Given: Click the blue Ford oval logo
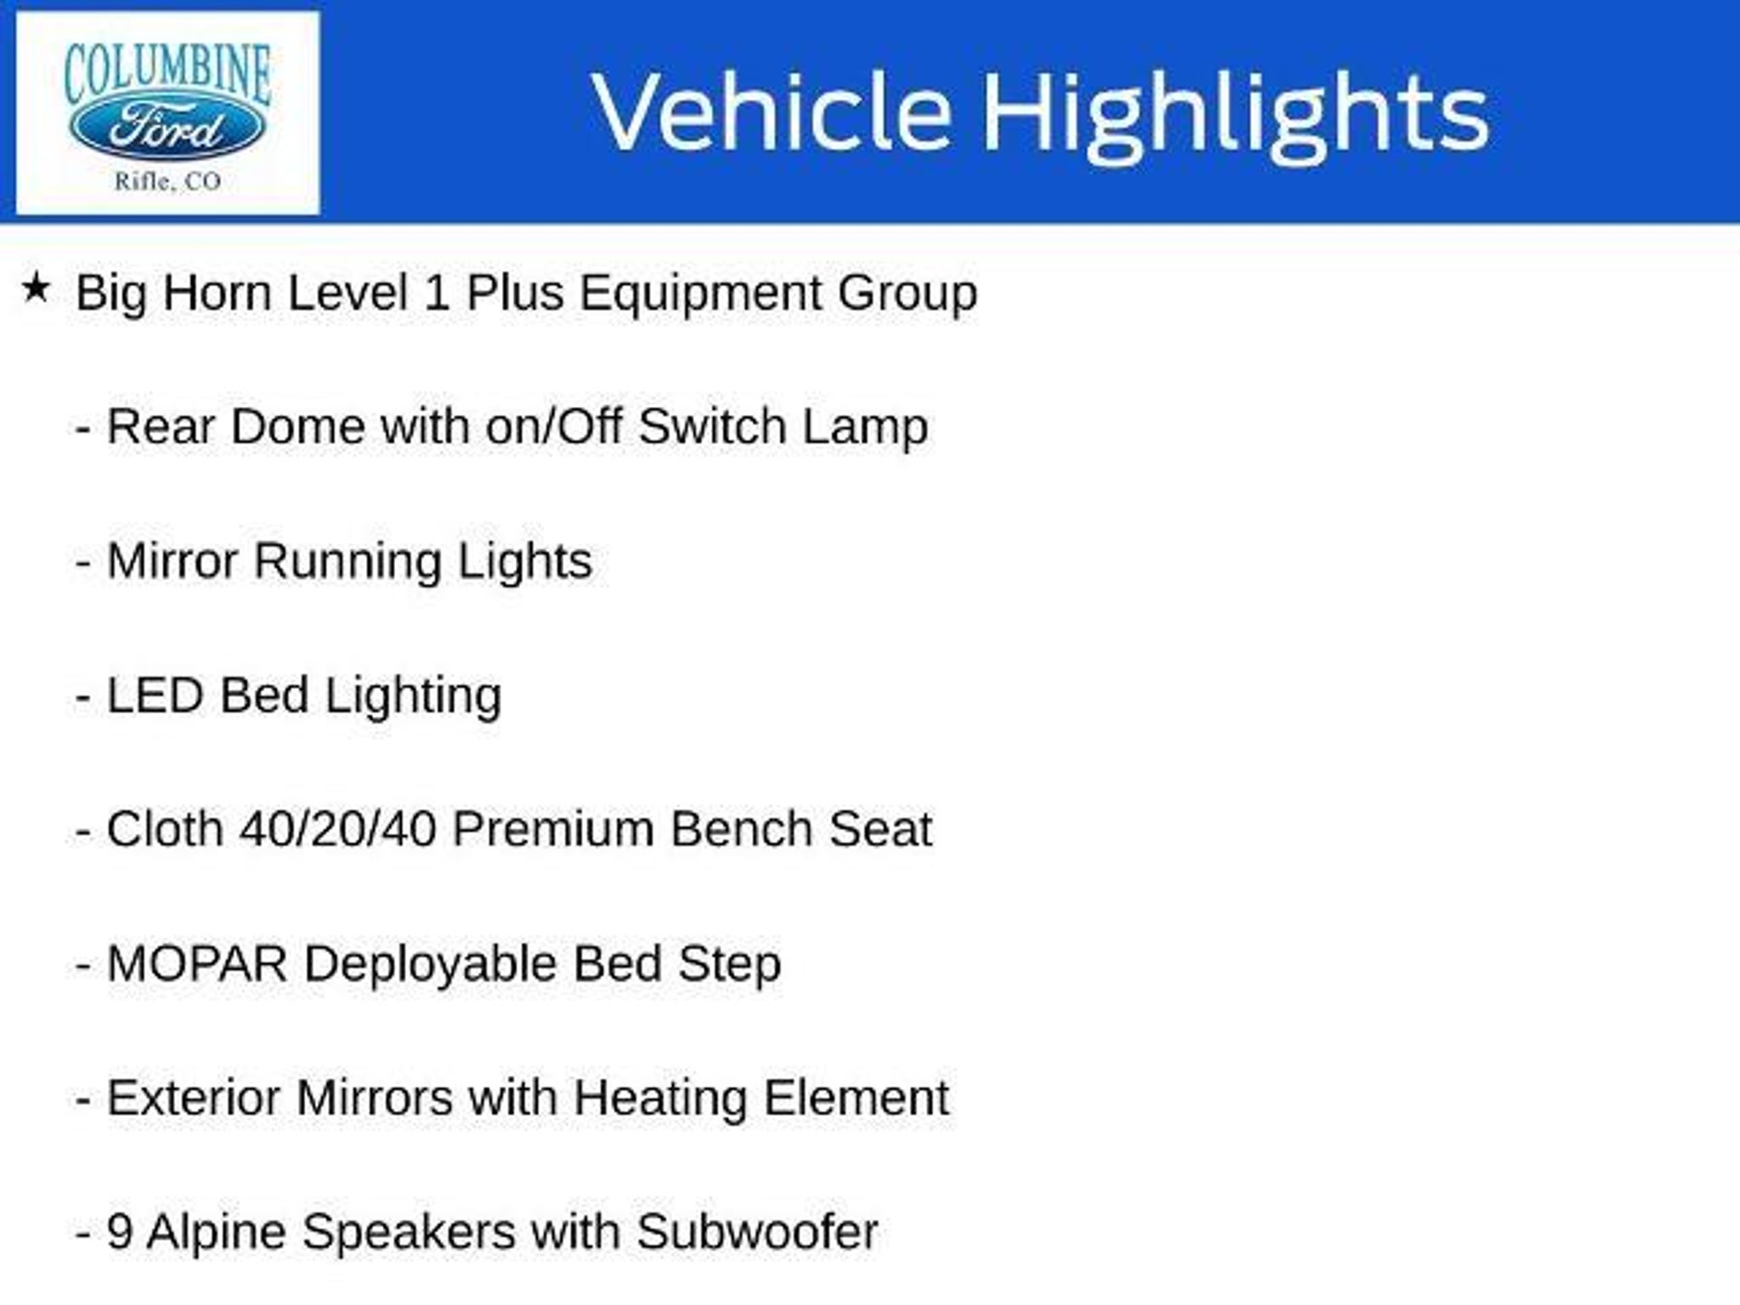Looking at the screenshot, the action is [167, 128].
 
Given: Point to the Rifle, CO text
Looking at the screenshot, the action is [167, 182].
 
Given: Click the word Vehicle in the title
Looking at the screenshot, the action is [771, 112].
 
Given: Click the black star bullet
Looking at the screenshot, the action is [36, 287].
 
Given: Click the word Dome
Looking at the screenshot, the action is [297, 427].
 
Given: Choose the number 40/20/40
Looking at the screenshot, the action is [338, 829].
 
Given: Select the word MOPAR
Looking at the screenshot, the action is [197, 964].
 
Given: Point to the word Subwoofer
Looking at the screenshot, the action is [757, 1232].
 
